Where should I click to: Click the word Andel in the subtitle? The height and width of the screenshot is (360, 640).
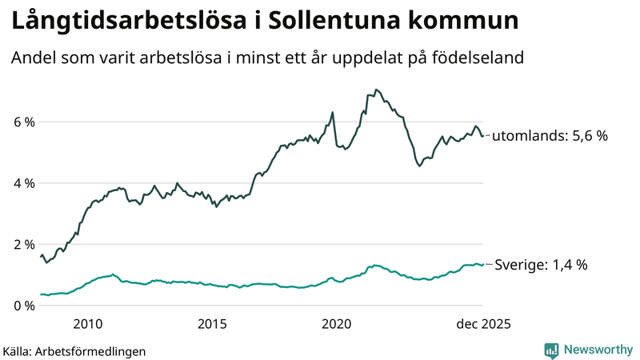point(31,58)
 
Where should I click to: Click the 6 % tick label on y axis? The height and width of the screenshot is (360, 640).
point(23,122)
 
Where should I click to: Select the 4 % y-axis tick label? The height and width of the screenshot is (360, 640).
point(23,183)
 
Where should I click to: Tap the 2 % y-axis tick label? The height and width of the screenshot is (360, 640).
point(23,245)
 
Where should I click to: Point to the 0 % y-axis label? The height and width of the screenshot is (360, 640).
point(23,306)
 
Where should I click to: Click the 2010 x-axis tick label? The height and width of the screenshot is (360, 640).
point(87,324)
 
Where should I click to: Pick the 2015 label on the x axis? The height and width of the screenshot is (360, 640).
point(212,324)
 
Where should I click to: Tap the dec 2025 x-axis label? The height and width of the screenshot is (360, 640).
point(483,324)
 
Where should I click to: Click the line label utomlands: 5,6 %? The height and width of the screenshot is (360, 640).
point(550,136)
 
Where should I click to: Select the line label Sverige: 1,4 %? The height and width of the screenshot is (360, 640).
point(542,265)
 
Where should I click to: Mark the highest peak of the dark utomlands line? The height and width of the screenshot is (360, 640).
point(376,90)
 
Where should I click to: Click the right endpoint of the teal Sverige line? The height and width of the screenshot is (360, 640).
point(482,265)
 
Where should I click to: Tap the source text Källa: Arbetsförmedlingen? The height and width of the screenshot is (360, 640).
point(74,350)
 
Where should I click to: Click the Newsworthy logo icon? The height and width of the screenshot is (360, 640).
point(551,350)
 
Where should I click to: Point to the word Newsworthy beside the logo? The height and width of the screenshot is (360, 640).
point(597,350)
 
